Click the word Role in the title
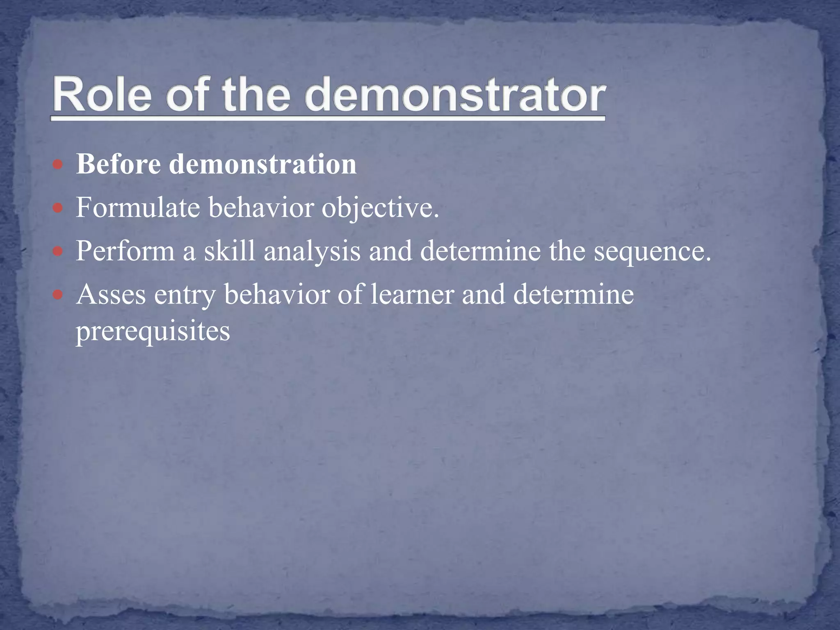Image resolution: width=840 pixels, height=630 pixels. [x=102, y=95]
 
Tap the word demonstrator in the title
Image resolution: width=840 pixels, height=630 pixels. [x=454, y=95]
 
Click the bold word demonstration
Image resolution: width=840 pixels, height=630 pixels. [x=263, y=164]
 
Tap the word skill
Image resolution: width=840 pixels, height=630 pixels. [x=229, y=251]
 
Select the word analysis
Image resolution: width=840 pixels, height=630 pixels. [x=312, y=251]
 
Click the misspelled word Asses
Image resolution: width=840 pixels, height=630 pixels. [x=111, y=294]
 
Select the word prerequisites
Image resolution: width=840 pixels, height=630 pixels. [x=153, y=331]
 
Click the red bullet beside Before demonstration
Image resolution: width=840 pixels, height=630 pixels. [x=58, y=165]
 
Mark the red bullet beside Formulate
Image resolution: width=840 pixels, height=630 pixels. [x=58, y=208]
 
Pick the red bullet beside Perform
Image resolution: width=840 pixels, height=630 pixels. [x=58, y=251]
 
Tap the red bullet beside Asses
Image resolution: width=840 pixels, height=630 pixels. [x=58, y=294]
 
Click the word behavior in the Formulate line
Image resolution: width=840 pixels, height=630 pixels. [x=261, y=208]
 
